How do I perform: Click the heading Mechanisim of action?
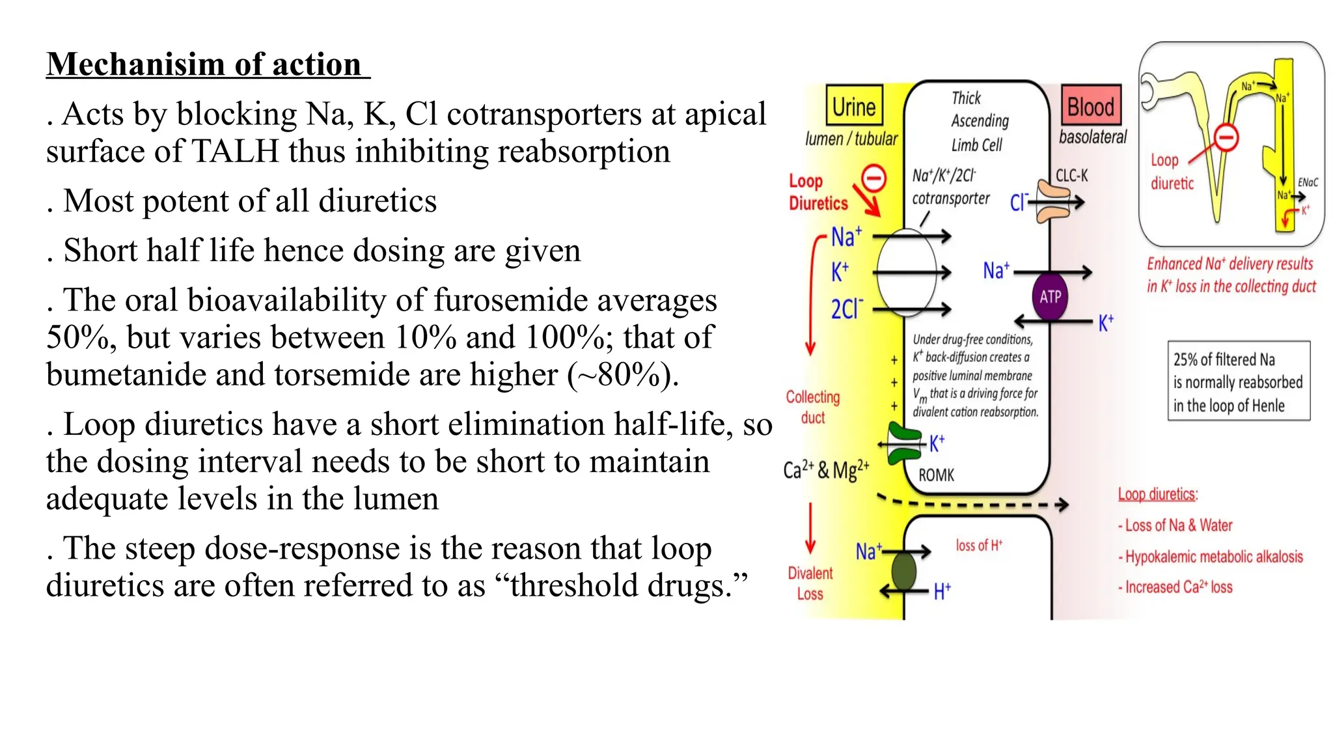click(x=207, y=65)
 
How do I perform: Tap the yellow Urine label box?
click(x=854, y=105)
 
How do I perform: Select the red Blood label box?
click(x=1091, y=105)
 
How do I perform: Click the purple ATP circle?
click(x=1050, y=297)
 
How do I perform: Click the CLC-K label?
click(x=1071, y=175)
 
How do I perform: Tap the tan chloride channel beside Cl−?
click(x=1052, y=202)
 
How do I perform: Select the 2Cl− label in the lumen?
click(x=846, y=309)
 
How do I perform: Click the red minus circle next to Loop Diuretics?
click(x=873, y=177)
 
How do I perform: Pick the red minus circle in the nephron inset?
click(x=1226, y=137)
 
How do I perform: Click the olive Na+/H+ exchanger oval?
click(x=903, y=570)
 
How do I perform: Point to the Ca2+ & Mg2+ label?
click(x=826, y=469)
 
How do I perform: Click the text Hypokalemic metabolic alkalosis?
click(x=1213, y=557)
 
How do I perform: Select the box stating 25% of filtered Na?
click(x=1238, y=382)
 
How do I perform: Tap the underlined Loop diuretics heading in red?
click(x=1157, y=494)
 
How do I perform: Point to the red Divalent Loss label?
click(x=810, y=583)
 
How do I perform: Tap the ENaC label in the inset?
click(x=1308, y=182)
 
